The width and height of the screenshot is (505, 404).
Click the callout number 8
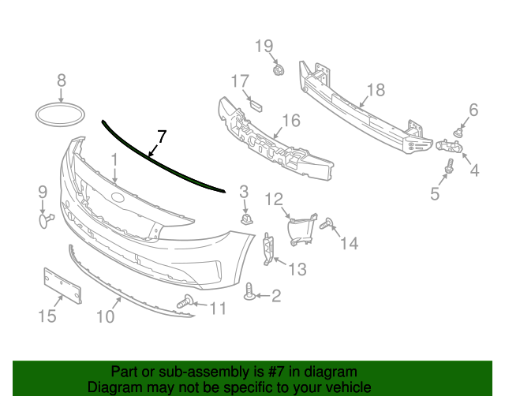click(x=62, y=80)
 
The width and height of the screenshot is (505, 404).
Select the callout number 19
click(x=264, y=46)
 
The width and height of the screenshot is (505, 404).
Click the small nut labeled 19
click(x=278, y=72)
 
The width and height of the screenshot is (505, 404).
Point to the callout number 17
click(x=240, y=81)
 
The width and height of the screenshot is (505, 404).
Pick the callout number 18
click(x=376, y=90)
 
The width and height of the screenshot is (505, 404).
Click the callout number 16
click(x=291, y=120)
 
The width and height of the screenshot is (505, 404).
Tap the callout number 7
click(x=162, y=136)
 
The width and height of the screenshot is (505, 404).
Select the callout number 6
click(x=473, y=110)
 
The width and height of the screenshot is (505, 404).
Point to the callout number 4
click(x=475, y=169)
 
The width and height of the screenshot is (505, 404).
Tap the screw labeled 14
click(x=330, y=227)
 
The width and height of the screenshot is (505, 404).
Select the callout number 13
click(x=297, y=270)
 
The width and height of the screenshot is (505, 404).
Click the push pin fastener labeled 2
click(x=252, y=294)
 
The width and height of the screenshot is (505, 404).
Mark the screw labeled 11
click(x=187, y=301)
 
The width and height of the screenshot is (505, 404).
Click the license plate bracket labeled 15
click(x=62, y=286)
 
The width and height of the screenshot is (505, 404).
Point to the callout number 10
click(x=105, y=316)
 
